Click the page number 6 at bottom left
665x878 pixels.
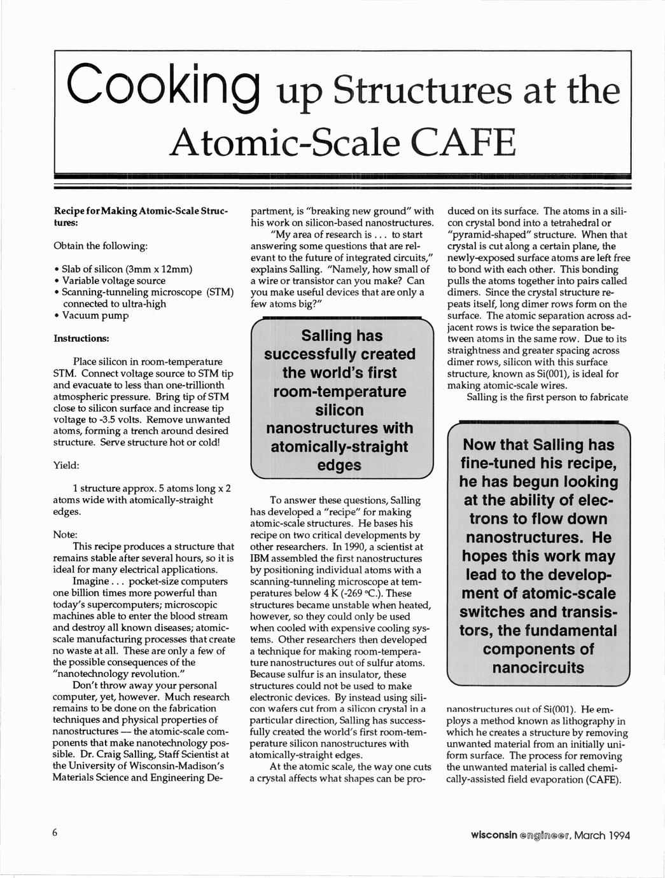point(56,833)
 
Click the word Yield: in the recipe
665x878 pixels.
point(66,465)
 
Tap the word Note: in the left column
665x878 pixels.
point(65,534)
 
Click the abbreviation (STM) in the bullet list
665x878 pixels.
point(221,292)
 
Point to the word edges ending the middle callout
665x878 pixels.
point(339,465)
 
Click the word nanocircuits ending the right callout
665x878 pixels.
point(538,667)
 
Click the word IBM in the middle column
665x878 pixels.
point(261,558)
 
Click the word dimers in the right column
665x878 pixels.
point(464,292)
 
